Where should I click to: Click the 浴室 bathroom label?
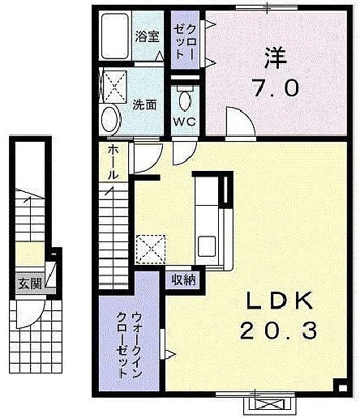pyautogui.click(x=147, y=36)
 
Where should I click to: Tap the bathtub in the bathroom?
pyautogui.click(x=114, y=36)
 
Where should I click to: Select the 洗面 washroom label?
pyautogui.click(x=144, y=104)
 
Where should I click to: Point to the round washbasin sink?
pyautogui.click(x=110, y=120)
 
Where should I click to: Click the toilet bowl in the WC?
pyautogui.click(x=185, y=100)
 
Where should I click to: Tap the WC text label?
pyautogui.click(x=184, y=122)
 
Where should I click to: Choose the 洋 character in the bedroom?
pyautogui.click(x=276, y=58)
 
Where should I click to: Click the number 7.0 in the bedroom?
pyautogui.click(x=276, y=87)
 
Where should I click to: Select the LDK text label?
pyautogui.click(x=280, y=301)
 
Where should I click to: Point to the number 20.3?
pyautogui.click(x=278, y=331)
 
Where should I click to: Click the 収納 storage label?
pyautogui.click(x=184, y=280)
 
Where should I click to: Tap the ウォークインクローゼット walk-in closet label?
pyautogui.click(x=129, y=345)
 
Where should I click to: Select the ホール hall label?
pyautogui.click(x=114, y=162)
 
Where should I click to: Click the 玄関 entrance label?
pyautogui.click(x=30, y=284)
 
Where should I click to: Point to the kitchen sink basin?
pyautogui.click(x=207, y=246)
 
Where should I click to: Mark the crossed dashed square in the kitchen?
pyautogui.click(x=151, y=250)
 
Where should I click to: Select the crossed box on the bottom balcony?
pyautogui.click(x=269, y=406)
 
